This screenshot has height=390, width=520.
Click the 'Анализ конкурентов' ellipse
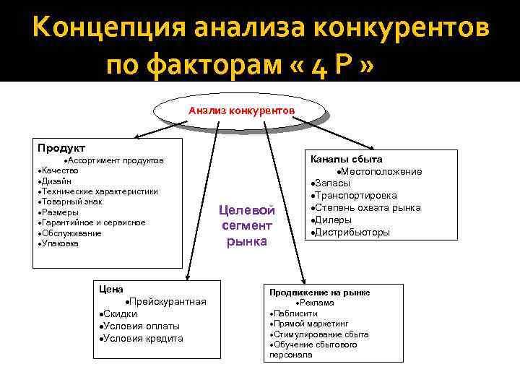click(240, 111)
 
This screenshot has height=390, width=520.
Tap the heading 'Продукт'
click(61, 148)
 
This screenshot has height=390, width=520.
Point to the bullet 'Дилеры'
click(334, 220)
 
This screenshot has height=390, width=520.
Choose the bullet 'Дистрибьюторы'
click(353, 233)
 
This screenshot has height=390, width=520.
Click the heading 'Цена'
click(111, 289)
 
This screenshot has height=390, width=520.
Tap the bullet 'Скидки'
click(120, 313)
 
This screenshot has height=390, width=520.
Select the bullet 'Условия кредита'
click(143, 338)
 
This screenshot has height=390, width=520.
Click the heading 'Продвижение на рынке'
click(319, 292)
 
